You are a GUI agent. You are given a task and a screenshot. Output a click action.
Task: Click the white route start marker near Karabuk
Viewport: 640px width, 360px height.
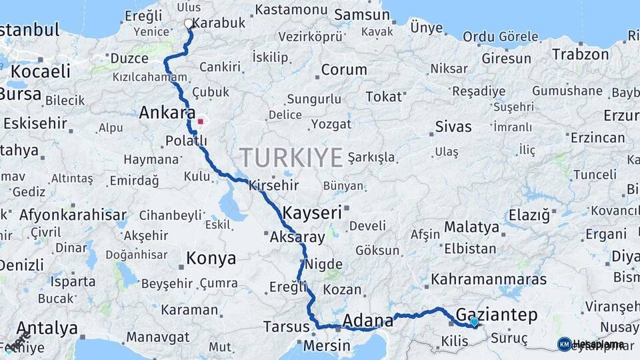pos(189,24)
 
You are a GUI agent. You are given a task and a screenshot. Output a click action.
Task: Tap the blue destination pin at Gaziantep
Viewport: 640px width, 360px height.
pos(474,322)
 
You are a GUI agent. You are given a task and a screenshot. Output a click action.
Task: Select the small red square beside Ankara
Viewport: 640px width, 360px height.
pos(200,122)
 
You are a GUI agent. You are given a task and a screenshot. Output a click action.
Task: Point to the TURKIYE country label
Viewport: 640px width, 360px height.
pos(291,157)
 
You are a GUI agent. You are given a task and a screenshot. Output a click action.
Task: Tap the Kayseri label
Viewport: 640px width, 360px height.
pos(312,213)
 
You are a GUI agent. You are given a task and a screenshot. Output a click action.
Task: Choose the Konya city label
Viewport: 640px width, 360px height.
pos(211,258)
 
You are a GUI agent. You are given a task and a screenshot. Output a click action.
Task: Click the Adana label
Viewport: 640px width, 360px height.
pos(367,321)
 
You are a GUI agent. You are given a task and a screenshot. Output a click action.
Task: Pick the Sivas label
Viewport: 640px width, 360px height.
pos(453,127)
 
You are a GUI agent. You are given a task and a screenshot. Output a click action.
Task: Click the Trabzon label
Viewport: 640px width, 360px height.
pos(577,54)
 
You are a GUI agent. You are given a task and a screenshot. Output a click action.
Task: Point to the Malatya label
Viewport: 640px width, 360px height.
pos(471,227)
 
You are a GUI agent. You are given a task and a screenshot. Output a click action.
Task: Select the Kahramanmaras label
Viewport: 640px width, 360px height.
pos(489,279)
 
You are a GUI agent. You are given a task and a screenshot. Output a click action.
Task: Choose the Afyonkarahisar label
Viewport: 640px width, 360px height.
pos(73,215)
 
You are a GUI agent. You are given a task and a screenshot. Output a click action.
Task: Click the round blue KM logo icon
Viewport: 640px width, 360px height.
pos(564,344)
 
